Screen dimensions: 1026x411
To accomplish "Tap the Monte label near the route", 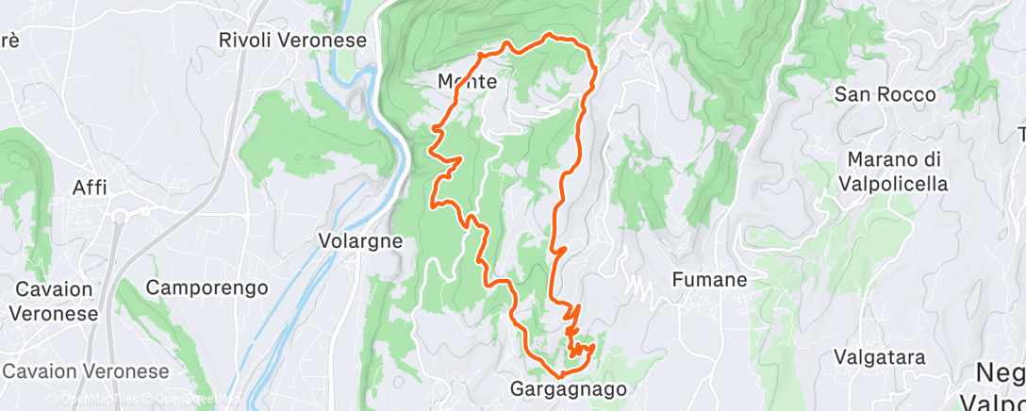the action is [x=467, y=82].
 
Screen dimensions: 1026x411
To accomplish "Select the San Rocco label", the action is [x=885, y=94].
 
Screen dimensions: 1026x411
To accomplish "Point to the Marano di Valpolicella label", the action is [x=897, y=172].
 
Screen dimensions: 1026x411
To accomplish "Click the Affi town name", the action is [x=91, y=188].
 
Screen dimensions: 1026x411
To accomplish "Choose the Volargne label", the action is [x=359, y=240].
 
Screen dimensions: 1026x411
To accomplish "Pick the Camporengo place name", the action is [x=207, y=288].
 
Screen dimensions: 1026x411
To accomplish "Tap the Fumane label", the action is [x=709, y=279].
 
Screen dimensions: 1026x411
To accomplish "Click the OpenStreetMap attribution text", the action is [x=188, y=400].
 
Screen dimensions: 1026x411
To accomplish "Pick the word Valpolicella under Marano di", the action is [x=897, y=184].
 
